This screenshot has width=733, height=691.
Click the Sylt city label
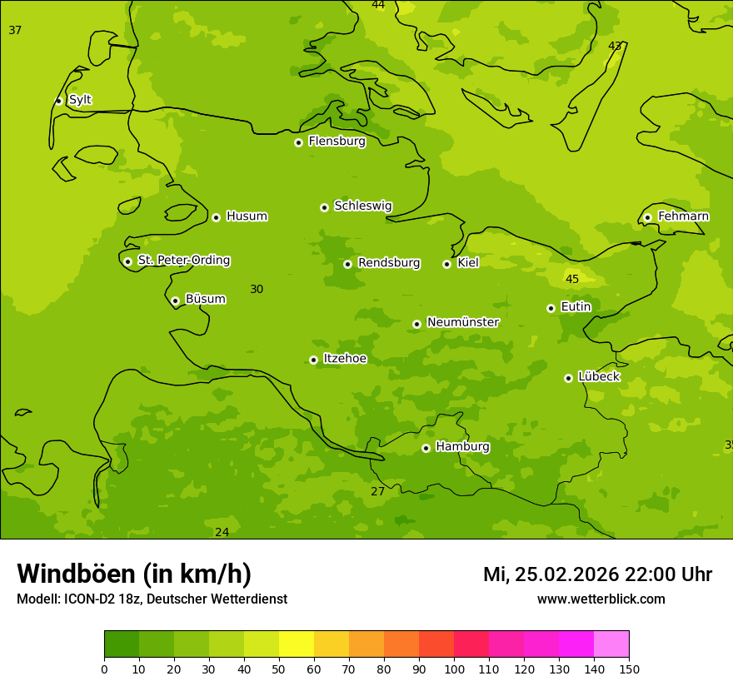tap(80, 100)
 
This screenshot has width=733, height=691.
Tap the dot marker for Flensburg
tap(298, 142)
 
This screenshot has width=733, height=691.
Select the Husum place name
tap(247, 216)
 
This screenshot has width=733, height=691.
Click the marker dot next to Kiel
tap(446, 264)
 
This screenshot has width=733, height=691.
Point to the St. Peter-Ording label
tap(183, 261)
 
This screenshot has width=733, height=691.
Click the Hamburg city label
tap(462, 447)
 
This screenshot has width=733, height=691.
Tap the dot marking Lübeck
tap(568, 378)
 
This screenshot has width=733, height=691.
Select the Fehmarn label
tap(683, 216)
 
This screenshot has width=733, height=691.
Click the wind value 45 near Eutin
tap(572, 280)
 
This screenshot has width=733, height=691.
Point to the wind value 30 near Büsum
tap(257, 290)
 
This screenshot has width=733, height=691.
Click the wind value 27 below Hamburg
tap(378, 492)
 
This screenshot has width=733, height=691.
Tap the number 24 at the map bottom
tap(222, 533)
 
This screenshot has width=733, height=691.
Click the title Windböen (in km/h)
tap(134, 574)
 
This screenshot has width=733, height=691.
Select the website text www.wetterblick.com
tap(601, 599)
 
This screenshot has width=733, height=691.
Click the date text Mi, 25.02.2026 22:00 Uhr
tap(597, 574)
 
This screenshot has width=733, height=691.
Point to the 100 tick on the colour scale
tap(454, 669)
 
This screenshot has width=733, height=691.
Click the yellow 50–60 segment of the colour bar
tap(297, 644)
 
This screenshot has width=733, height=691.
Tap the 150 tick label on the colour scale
tap(628, 669)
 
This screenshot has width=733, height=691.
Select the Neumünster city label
tap(463, 322)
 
